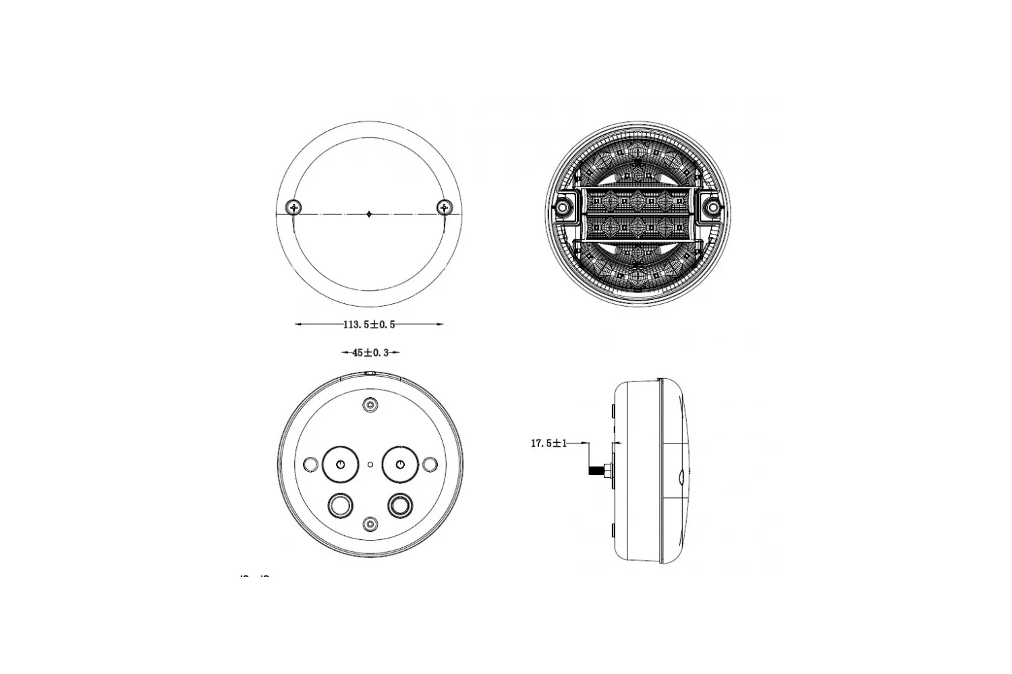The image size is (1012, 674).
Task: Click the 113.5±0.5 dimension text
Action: (369, 324)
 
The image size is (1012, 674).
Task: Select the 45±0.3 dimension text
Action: (370, 352)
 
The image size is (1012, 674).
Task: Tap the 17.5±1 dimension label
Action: (549, 443)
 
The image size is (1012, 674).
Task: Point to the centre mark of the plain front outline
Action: (369, 214)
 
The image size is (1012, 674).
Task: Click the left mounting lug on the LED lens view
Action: (562, 206)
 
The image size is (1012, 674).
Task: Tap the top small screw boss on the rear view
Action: (370, 404)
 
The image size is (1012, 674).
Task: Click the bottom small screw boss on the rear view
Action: (370, 524)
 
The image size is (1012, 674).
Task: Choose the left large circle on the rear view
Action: (340, 464)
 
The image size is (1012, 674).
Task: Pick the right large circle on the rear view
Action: (400, 464)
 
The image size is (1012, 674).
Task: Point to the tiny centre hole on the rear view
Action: (370, 464)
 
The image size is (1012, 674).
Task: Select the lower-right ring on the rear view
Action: (399, 503)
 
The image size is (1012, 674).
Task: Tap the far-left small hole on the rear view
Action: (310, 464)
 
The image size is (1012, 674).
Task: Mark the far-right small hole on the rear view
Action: (430, 464)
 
